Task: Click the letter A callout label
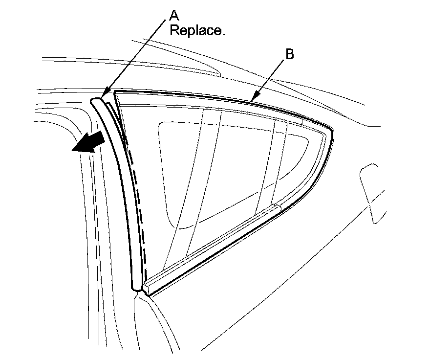tap(174, 15)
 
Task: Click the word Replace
tap(197, 31)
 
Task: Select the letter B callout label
tap(289, 54)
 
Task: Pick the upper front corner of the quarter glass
tap(116, 93)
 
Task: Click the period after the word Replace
tap(223, 34)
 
